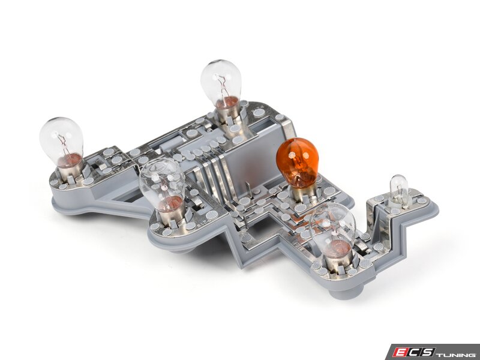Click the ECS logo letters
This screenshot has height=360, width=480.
point(414,352)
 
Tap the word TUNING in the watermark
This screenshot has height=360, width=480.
point(456,352)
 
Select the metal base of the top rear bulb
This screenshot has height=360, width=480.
point(227,115)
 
